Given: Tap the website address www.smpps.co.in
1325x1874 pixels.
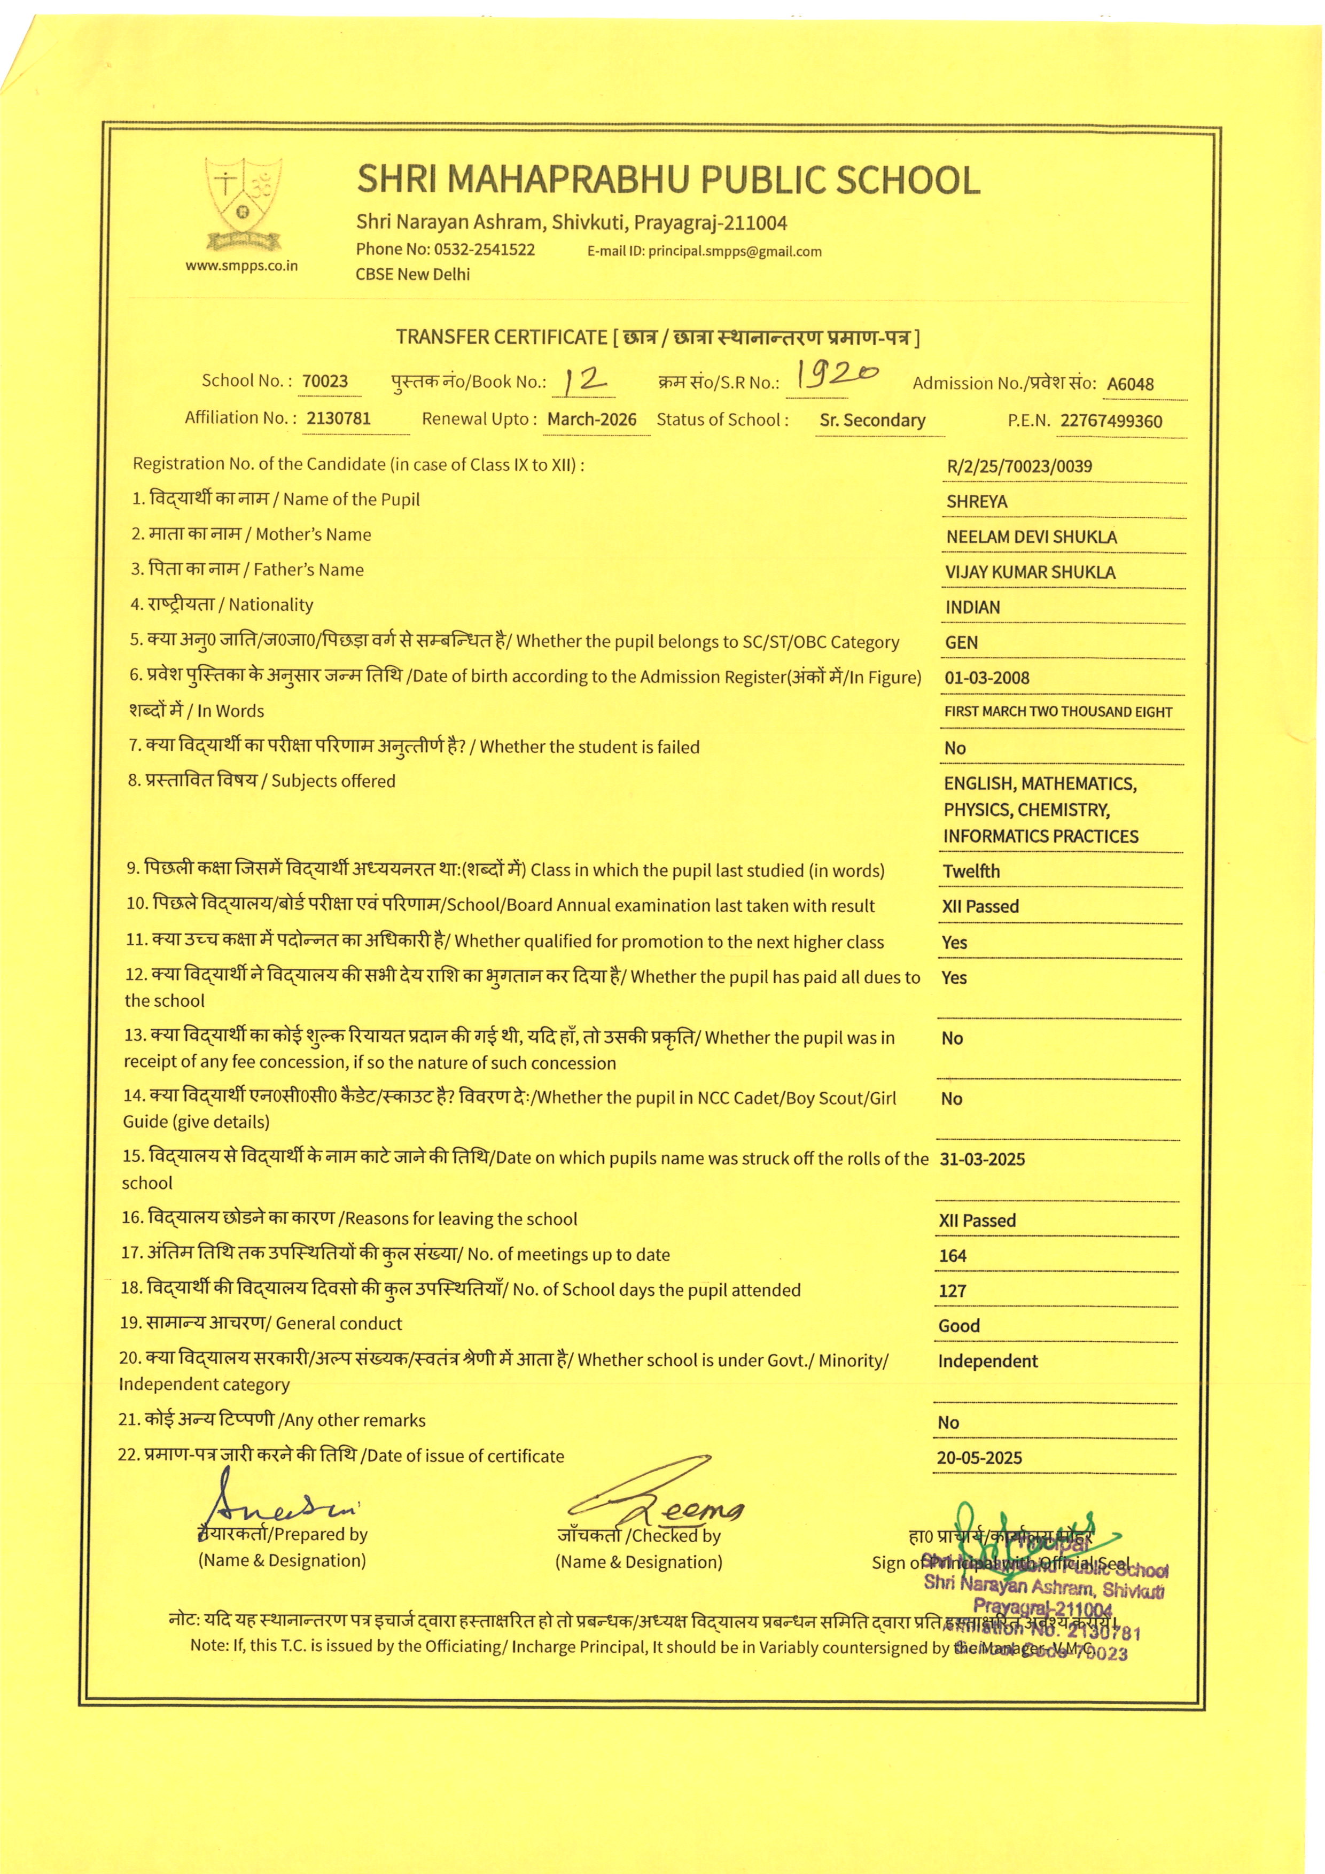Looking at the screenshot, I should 241,266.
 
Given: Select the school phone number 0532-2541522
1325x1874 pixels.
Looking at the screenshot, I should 484,250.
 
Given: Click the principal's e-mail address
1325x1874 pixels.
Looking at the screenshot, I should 734,251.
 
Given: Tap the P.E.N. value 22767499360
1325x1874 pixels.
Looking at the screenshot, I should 1111,422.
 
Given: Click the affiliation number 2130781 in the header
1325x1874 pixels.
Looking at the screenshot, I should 339,419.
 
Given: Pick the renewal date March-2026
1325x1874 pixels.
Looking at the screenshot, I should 591,419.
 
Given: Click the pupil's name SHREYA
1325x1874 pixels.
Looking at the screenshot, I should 977,502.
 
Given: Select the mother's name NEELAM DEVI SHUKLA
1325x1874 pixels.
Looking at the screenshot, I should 1031,537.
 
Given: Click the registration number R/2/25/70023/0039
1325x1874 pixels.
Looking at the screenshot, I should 1019,467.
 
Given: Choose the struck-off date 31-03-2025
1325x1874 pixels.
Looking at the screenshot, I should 983,1160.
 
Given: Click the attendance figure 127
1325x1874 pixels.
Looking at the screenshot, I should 952,1291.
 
